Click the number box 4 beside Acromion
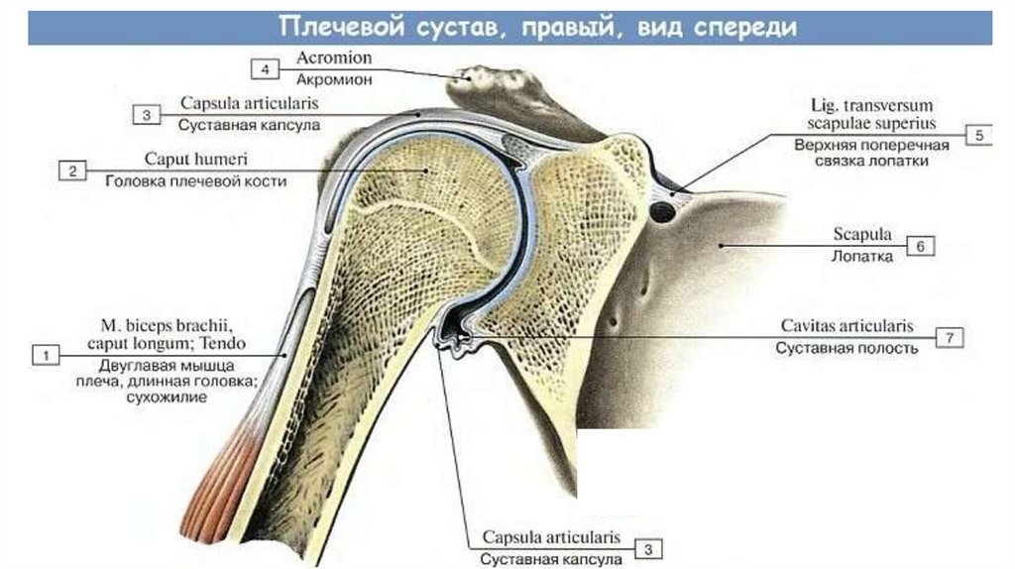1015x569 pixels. tap(265, 68)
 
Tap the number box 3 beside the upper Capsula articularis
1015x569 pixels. tap(146, 115)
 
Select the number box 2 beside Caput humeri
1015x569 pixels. tap(72, 171)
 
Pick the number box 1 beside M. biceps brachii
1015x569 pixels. tap(45, 353)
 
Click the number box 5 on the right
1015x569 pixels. tap(978, 136)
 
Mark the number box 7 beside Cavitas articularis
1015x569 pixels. tap(950, 338)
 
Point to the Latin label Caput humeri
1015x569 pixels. tap(196, 160)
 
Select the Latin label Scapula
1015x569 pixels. tap(862, 236)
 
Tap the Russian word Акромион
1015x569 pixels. tap(334, 79)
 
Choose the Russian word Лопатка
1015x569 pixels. tap(862, 256)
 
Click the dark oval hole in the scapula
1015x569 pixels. tap(658, 210)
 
